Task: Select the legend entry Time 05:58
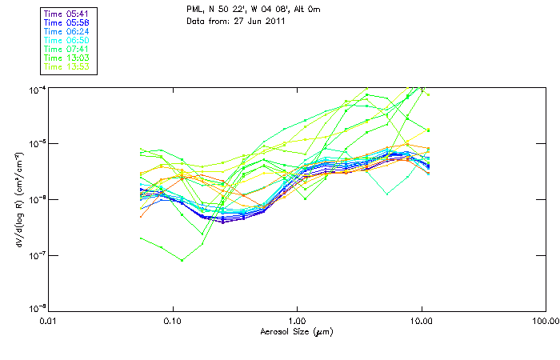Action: (67, 22)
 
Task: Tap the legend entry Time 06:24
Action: (67, 31)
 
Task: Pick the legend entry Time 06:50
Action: (67, 40)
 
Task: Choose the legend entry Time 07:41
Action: (67, 49)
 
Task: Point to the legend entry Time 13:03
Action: (67, 58)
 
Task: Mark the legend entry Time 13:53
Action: (67, 66)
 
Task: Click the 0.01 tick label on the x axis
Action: (49, 320)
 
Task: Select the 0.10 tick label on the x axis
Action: (173, 320)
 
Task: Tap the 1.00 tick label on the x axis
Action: (297, 320)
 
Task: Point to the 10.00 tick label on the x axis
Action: (421, 320)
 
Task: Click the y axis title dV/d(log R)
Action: (18, 198)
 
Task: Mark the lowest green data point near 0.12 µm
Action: (182, 260)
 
